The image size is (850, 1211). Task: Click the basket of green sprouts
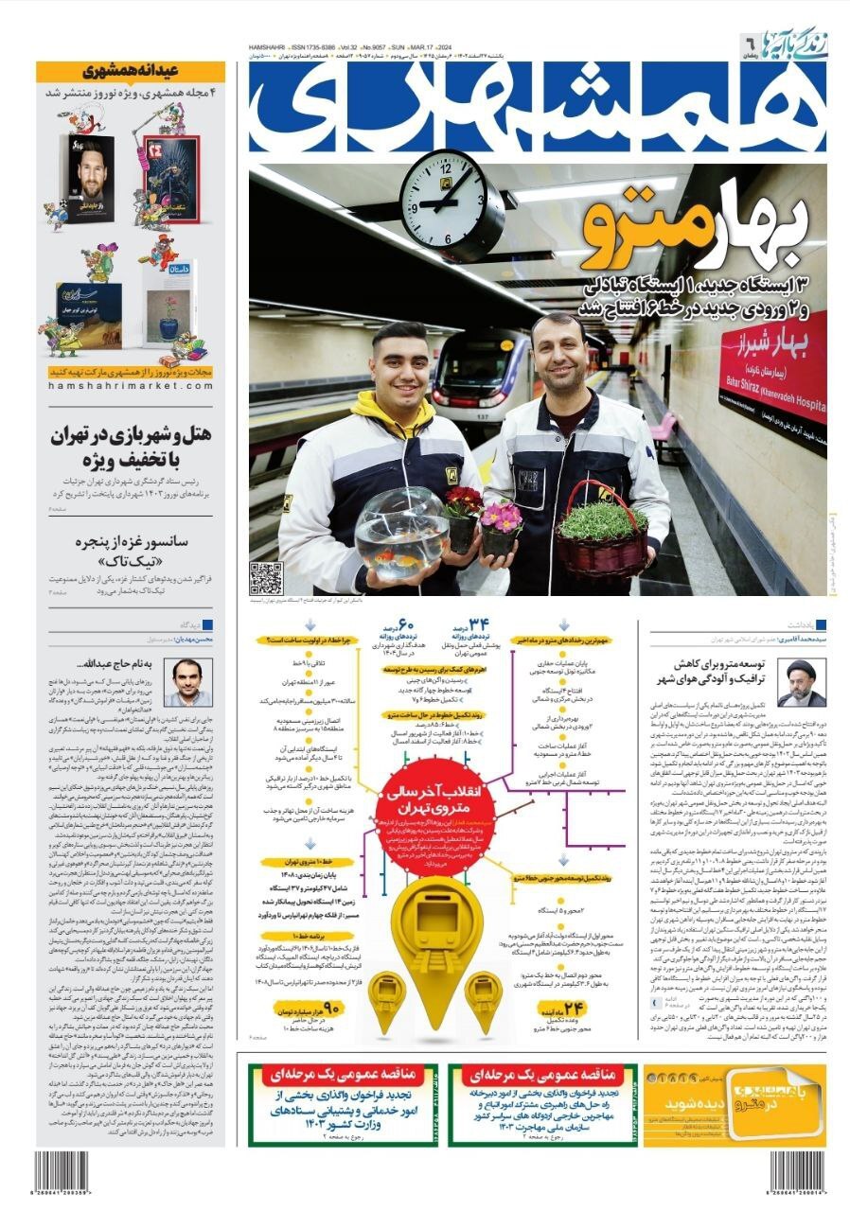click(x=603, y=535)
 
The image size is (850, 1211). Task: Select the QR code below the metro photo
click(x=266, y=577)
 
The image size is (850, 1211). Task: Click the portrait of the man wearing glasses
click(x=187, y=681)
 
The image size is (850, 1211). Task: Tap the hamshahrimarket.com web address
click(x=132, y=386)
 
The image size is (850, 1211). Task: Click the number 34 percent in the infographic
click(x=479, y=625)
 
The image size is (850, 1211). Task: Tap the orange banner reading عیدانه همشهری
click(x=131, y=71)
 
